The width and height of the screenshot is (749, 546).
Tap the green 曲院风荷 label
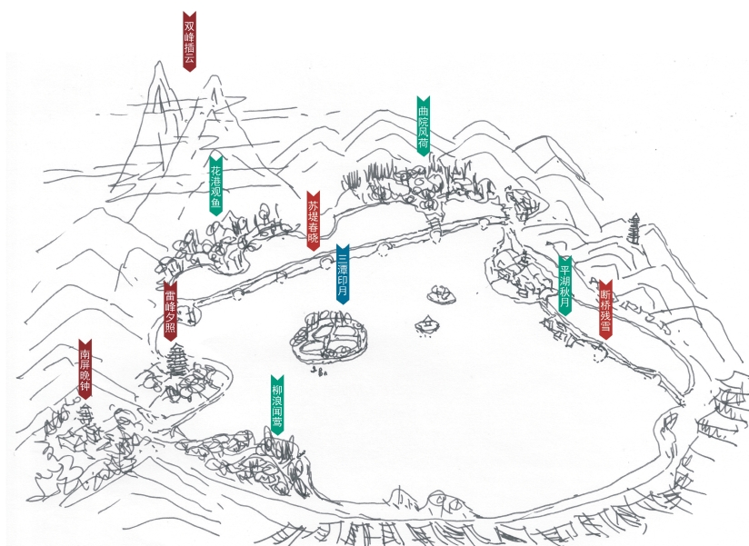[423, 125]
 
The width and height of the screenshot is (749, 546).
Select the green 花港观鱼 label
[215, 187]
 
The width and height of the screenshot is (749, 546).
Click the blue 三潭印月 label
[342, 273]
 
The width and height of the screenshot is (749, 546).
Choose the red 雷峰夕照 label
[170, 310]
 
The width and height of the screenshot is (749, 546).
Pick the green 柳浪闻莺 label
[277, 404]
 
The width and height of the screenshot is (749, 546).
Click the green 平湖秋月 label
[564, 285]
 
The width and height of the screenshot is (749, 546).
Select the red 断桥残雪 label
[605, 309]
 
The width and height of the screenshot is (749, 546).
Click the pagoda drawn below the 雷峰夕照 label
[176, 362]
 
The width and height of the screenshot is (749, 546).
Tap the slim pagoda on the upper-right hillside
[633, 229]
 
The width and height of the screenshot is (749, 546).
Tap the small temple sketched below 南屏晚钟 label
[86, 420]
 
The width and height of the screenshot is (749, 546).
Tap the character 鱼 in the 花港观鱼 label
[215, 205]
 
